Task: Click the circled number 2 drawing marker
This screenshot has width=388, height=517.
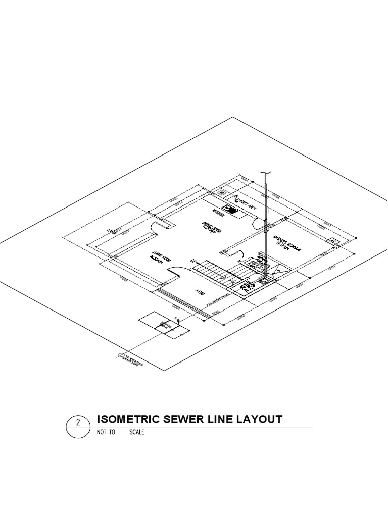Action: (x=79, y=424)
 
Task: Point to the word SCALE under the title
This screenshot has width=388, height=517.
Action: (x=137, y=432)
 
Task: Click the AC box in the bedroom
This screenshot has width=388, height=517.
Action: (x=333, y=241)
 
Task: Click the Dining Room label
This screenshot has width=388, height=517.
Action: (x=209, y=228)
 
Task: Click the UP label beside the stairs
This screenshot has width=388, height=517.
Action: (x=193, y=261)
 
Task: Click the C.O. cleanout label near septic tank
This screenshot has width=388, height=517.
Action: (x=177, y=318)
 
